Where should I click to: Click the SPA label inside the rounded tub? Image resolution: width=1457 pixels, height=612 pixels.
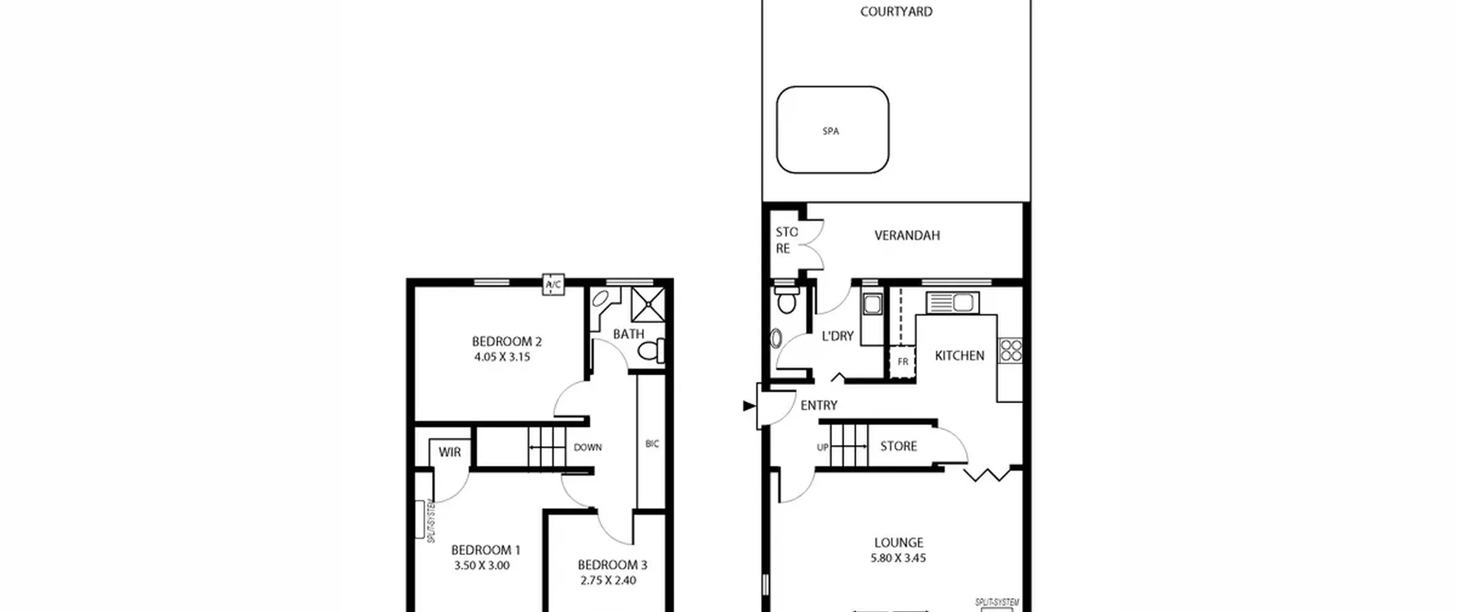point(830,131)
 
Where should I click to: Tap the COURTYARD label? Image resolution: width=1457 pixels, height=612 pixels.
point(896,11)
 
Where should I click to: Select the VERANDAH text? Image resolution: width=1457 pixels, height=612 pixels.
point(907,235)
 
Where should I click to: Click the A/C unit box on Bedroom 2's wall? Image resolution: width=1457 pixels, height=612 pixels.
point(553,284)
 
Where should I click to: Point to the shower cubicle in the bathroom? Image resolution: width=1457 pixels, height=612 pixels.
point(648,305)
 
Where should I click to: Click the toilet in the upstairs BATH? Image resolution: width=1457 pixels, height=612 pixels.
point(651,351)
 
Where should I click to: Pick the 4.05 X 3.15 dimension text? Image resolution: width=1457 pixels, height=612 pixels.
point(502,357)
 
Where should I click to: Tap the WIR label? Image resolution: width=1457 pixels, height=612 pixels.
point(450,452)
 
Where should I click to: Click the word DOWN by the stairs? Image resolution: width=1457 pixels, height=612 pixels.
point(587,447)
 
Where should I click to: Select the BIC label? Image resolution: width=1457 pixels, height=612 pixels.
point(652,443)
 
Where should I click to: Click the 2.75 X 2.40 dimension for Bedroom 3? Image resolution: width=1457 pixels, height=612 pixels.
point(608,580)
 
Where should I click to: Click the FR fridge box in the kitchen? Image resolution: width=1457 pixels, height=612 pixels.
point(903,361)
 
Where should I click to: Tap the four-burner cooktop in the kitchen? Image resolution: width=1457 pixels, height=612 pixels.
point(1011,350)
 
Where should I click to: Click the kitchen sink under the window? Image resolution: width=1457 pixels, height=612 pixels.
point(952,303)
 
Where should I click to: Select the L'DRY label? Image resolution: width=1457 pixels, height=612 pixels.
point(838,336)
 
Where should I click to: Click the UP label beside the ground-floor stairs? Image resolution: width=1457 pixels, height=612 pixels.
point(823,447)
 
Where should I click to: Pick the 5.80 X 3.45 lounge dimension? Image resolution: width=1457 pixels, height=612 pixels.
point(898,558)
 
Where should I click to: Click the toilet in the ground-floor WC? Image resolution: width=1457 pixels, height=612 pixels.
point(787,301)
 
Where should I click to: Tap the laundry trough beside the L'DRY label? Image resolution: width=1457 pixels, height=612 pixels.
point(872,304)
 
